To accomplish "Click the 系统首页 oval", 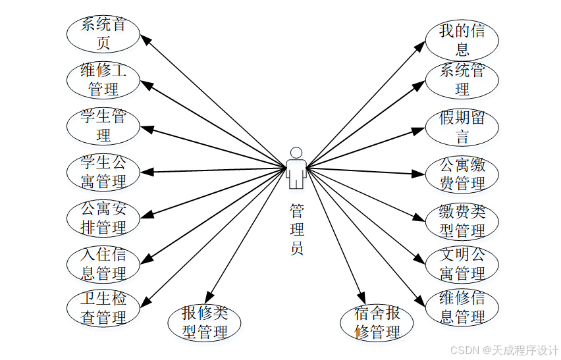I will coord(103,35).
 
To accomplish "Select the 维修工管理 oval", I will coord(103,80).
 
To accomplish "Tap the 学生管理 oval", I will coord(103,126).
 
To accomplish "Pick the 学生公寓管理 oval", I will coord(103,171).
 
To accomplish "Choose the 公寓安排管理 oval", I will coord(103,219).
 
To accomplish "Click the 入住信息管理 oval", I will coord(103,263).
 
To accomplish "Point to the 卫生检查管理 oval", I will coord(103,308).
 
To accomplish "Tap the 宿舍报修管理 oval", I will coord(377,322).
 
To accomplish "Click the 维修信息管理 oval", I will coord(462,307).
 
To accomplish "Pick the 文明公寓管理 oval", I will coord(462,263).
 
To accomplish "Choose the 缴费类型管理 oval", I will coord(462,221).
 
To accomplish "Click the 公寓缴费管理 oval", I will coord(462,174).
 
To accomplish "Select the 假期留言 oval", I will coord(462,128).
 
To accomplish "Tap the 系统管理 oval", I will coord(462,80).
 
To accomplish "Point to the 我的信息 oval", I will coord(462,39).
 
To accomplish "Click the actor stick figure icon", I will coord(296,167).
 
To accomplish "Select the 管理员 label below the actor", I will coord(297,230).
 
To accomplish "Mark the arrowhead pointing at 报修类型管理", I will coord(209,297).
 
